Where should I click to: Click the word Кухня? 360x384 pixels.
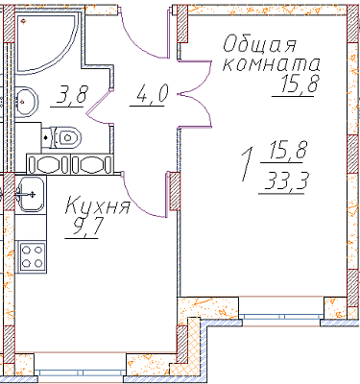coord(98,205)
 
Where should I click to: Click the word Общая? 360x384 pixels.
coord(259,44)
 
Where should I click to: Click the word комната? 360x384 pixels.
coord(271,64)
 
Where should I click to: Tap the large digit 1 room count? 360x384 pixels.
coord(247,164)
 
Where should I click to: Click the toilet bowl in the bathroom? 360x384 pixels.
coord(61,137)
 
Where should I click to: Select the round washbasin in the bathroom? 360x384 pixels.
coord(26,102)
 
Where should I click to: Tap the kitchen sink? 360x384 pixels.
coord(31,194)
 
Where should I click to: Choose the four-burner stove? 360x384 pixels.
coord(32,258)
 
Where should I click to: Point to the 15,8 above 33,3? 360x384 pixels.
coord(288,151)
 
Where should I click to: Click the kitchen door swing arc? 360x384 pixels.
coord(142,202)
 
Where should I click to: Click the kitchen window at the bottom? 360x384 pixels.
coord(81,373)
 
